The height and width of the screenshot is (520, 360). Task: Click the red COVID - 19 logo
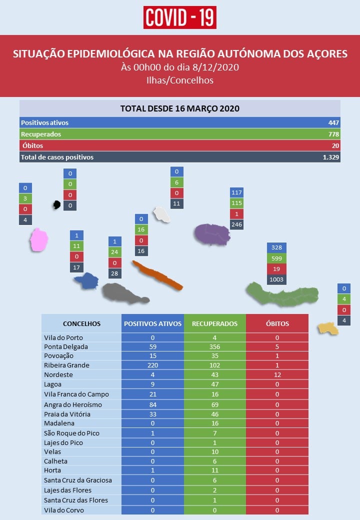click(x=179, y=17)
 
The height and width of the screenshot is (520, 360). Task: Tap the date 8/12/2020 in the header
click(x=215, y=67)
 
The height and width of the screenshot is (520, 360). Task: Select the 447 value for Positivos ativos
click(x=333, y=122)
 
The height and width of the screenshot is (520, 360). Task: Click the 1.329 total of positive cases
click(x=331, y=157)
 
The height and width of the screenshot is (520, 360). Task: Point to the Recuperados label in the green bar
click(x=41, y=134)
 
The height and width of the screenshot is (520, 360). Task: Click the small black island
click(x=56, y=204)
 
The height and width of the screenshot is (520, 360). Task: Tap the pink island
click(x=39, y=239)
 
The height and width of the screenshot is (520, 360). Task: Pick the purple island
click(x=212, y=234)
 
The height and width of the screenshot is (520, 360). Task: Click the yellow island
click(x=328, y=328)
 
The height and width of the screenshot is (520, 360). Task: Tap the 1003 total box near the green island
click(x=276, y=279)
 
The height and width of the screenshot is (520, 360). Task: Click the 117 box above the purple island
click(x=236, y=192)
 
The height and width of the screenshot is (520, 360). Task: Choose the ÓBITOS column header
click(x=277, y=323)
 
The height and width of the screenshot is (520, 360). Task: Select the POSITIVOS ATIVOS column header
click(x=153, y=323)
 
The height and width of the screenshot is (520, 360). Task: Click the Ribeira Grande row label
click(x=66, y=365)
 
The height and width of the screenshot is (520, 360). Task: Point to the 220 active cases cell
click(x=153, y=365)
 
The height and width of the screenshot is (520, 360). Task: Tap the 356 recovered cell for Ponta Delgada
click(x=215, y=346)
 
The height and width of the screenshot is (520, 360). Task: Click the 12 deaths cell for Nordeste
click(x=277, y=374)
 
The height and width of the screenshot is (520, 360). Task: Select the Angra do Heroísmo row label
click(x=73, y=404)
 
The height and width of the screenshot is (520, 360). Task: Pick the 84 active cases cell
click(x=153, y=404)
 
